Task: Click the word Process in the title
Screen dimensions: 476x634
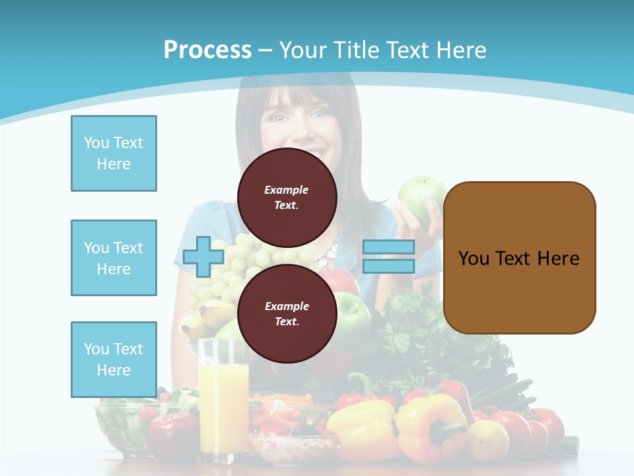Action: (x=207, y=50)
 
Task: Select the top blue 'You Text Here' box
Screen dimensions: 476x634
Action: (x=114, y=153)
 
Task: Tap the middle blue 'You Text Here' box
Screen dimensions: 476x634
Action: (x=114, y=258)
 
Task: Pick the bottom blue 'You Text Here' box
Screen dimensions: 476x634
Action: (x=114, y=360)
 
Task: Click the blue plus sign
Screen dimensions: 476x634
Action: (x=203, y=257)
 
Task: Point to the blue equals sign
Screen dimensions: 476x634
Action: (x=388, y=257)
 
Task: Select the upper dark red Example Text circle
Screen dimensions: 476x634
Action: (x=287, y=197)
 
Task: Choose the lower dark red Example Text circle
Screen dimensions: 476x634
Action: (x=287, y=313)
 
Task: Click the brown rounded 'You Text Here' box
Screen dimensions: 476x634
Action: (x=519, y=258)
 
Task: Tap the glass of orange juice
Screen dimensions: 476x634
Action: (x=223, y=397)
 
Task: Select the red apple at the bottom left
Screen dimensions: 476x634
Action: (x=169, y=436)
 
